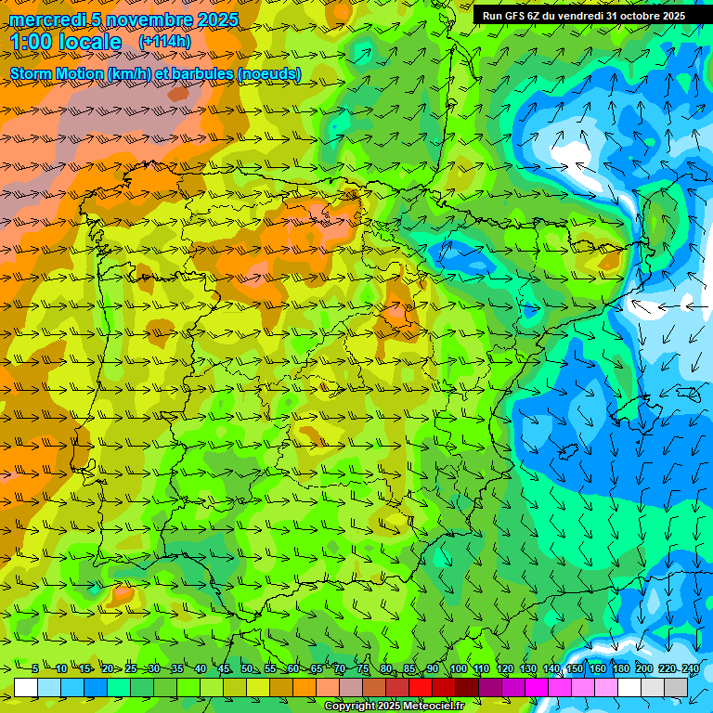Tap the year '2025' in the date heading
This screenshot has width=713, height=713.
pyautogui.click(x=216, y=19)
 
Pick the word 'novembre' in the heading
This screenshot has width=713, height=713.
pyautogui.click(x=149, y=19)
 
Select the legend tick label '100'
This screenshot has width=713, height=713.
pyautogui.click(x=458, y=668)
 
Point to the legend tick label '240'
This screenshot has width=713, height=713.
pyautogui.click(x=690, y=668)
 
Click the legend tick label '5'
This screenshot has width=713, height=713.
pyautogui.click(x=34, y=668)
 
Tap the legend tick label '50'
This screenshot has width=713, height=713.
pyautogui.click(x=246, y=668)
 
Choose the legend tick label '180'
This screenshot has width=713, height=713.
pyautogui.click(x=620, y=668)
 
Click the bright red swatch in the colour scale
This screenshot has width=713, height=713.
pyautogui.click(x=421, y=687)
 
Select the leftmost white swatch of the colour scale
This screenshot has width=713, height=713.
pyautogui.click(x=26, y=687)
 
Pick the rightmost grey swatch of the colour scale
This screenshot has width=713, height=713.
pyautogui.click(x=676, y=687)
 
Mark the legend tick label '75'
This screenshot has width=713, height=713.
pyautogui.click(x=363, y=668)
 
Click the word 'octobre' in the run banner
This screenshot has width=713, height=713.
pyautogui.click(x=636, y=15)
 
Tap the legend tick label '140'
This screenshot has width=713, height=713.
pyautogui.click(x=551, y=668)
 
